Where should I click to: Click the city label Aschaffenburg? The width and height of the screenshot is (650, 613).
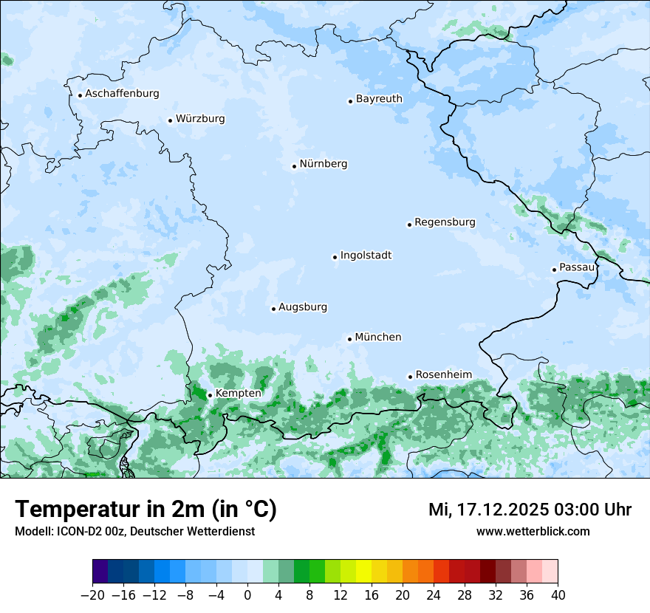[x=122, y=94]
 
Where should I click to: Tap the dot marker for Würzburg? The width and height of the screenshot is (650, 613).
[x=170, y=120]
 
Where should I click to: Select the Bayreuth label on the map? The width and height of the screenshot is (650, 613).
[x=379, y=99]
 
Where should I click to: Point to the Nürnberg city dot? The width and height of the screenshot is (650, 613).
[x=294, y=166]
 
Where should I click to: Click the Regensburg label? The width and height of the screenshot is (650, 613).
[x=445, y=222]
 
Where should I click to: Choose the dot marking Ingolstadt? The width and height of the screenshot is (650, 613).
[x=335, y=258]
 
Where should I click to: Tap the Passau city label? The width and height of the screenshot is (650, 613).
[x=577, y=267]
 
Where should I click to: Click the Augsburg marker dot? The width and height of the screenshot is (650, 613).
[x=273, y=309]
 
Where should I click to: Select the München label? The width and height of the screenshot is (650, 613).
[x=378, y=338]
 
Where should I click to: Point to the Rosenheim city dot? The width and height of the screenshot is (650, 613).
[x=410, y=377]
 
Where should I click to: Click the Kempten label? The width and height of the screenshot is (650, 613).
[x=238, y=394]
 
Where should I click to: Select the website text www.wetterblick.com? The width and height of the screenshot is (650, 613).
[x=533, y=531]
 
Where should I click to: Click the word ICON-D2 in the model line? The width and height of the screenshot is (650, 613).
[x=79, y=531]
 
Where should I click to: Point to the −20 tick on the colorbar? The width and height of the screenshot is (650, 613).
[x=93, y=595]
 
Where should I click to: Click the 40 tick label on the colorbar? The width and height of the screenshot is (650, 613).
[x=558, y=595]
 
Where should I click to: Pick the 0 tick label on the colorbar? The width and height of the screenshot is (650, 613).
[x=247, y=595]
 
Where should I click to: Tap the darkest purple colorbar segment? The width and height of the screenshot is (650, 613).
[x=100, y=572]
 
